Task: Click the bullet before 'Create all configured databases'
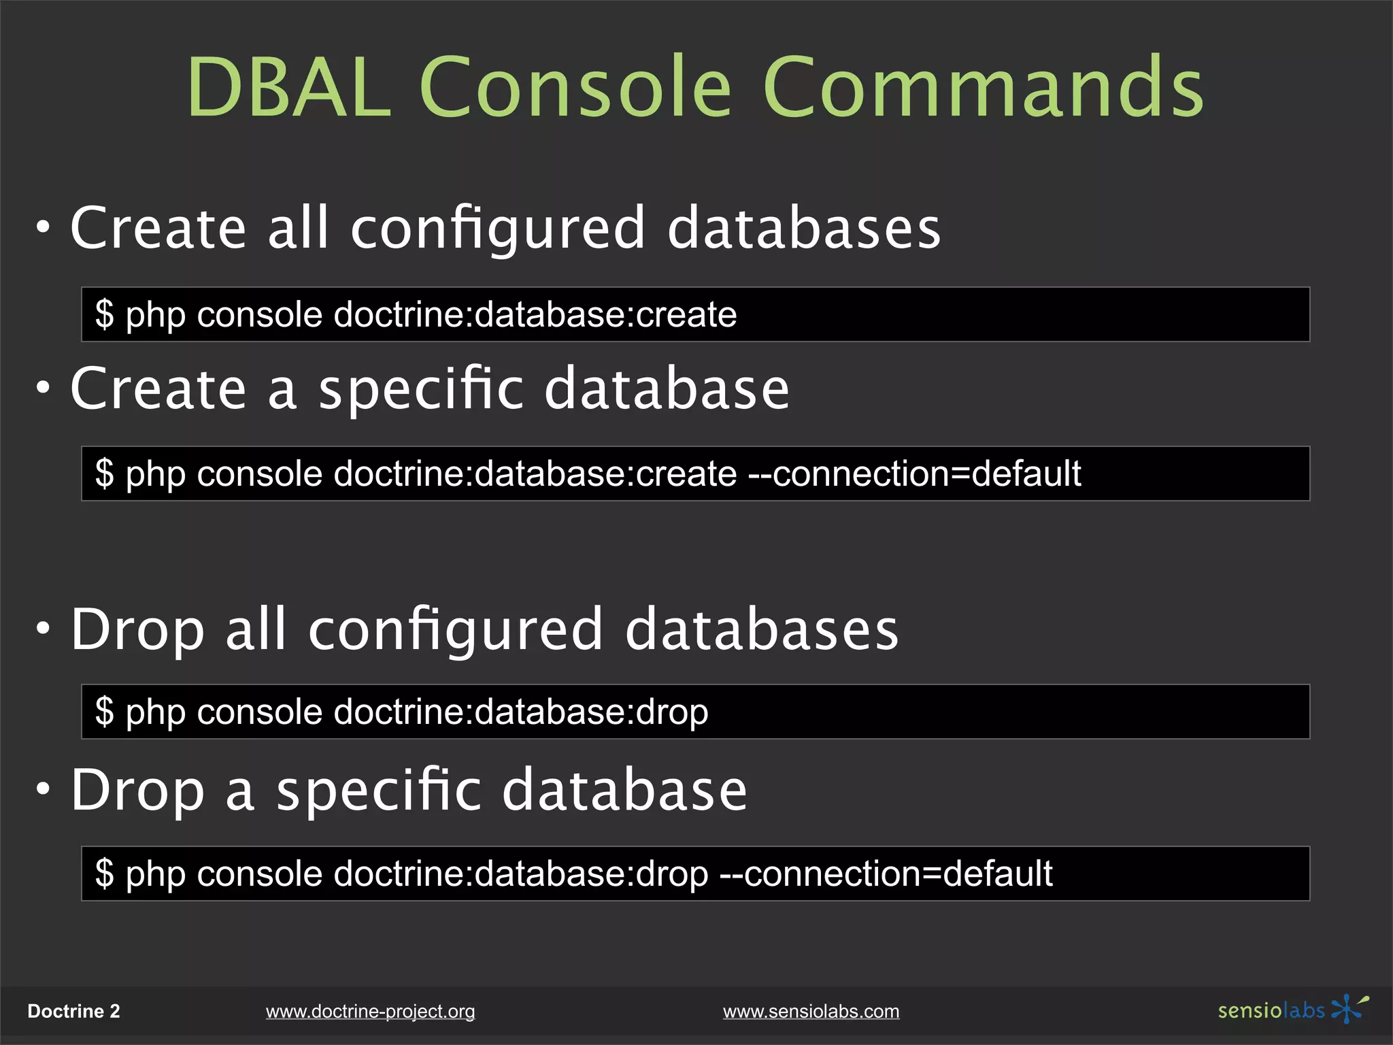point(44,228)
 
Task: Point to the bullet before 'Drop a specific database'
point(44,790)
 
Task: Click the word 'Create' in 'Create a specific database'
point(158,388)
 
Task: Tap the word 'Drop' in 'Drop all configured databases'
point(137,630)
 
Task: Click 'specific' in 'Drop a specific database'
point(380,791)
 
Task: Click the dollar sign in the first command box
point(104,314)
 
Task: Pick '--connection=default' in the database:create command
point(914,474)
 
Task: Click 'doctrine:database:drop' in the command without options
point(521,712)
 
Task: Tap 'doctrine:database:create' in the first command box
point(535,314)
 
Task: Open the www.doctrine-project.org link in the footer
point(370,1012)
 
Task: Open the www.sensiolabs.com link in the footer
point(811,1012)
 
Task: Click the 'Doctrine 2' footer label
point(73,1012)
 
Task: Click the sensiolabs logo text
point(1271,1010)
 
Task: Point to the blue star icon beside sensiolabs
point(1348,1008)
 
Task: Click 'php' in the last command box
point(156,875)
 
